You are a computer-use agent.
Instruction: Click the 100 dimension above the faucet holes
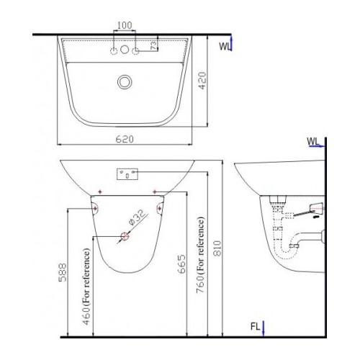pos(125,25)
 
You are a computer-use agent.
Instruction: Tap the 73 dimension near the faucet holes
pos(154,45)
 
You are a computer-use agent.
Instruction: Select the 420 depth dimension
pos(202,81)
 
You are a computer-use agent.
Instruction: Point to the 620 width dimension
pos(125,139)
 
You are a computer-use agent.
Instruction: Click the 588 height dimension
pos(63,272)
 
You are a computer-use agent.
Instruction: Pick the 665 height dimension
pos(181,264)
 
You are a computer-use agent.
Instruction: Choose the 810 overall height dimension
pos(217,248)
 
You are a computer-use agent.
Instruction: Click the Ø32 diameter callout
pos(138,217)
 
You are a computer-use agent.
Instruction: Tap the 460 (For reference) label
pos(86,287)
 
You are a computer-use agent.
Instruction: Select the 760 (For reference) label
pos(200,255)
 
